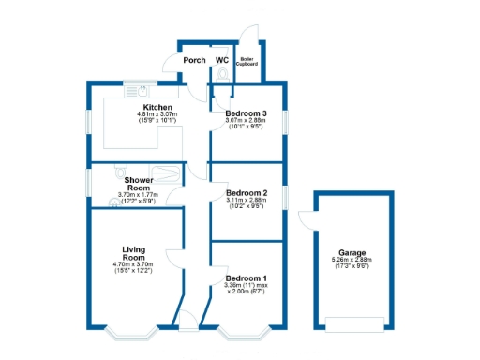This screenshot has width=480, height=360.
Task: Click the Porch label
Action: click(194, 61)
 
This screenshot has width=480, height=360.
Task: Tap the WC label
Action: click(222, 61)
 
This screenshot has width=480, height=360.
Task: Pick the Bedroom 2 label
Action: click(246, 193)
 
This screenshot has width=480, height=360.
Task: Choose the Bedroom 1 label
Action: click(246, 278)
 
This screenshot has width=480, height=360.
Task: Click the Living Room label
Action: click(134, 253)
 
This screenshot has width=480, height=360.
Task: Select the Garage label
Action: click(352, 253)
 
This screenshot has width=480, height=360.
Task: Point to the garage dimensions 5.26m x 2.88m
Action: click(352, 261)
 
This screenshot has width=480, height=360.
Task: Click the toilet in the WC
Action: click(222, 74)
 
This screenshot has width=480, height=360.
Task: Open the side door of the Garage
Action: click(306, 223)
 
